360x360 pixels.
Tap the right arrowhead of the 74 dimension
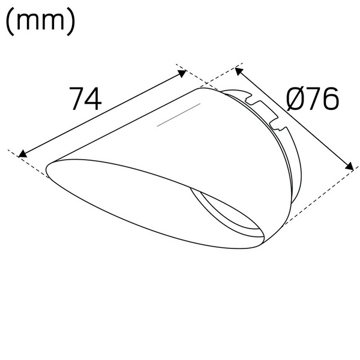(182, 73)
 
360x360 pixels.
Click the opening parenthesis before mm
(10, 22)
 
